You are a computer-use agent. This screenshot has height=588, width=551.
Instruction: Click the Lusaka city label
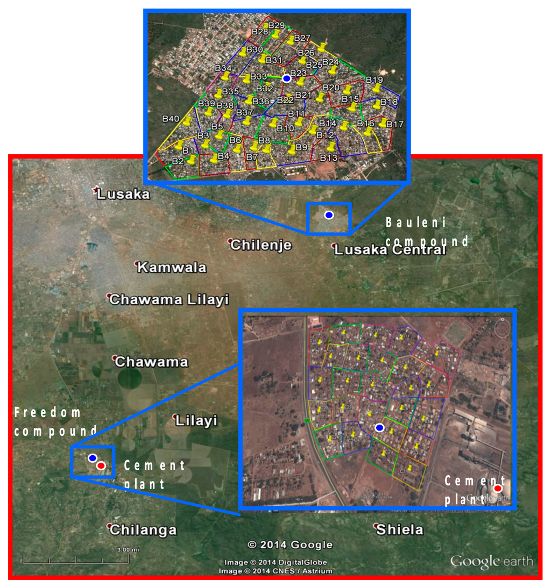point(123,195)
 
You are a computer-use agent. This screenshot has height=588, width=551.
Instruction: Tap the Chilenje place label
point(261,245)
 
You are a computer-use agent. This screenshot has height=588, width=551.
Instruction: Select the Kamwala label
point(172,267)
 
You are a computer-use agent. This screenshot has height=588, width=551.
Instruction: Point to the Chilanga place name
point(143,530)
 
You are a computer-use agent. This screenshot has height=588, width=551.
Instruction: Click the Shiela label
point(400,530)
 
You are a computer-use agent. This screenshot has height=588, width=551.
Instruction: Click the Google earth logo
point(491,562)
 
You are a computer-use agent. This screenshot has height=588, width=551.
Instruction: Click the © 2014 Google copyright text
point(290,545)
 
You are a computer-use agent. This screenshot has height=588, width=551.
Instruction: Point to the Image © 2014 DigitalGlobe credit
point(275,562)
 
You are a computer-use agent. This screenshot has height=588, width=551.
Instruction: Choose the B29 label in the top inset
point(277,25)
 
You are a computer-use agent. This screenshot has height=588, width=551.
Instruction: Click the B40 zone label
point(171,118)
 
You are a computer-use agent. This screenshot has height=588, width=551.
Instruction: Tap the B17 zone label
point(395,124)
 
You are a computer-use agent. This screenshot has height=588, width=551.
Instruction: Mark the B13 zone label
point(329,158)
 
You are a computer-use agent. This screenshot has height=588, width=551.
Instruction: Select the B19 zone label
point(375,80)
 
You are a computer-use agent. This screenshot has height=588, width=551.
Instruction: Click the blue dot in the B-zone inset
point(287,78)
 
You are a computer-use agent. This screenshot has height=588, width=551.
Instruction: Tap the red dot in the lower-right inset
point(498,488)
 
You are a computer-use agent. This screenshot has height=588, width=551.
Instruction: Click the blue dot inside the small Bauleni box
point(329,215)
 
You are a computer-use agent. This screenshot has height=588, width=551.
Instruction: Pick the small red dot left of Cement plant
point(101,465)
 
